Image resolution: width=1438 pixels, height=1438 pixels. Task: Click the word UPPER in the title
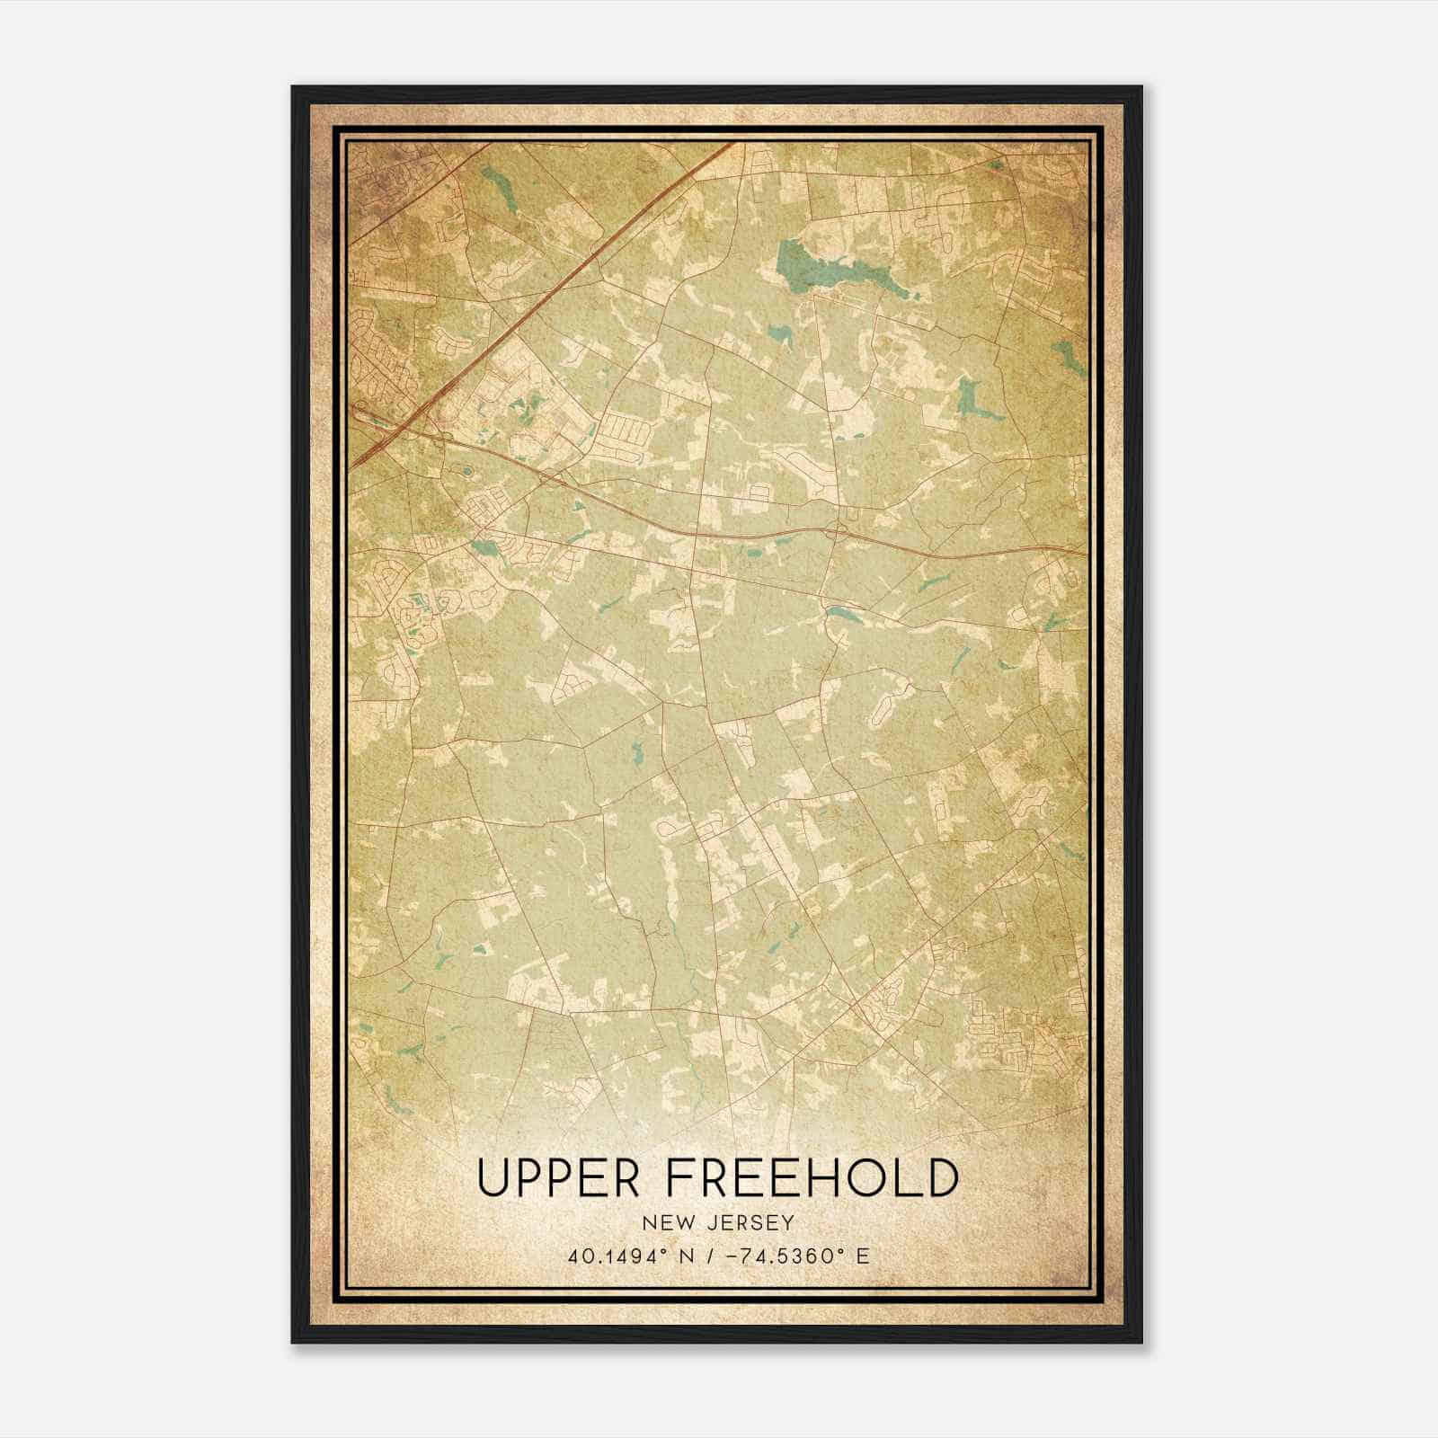click(559, 1177)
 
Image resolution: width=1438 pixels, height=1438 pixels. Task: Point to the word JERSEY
click(750, 1222)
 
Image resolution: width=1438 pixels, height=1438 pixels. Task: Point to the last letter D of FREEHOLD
click(940, 1177)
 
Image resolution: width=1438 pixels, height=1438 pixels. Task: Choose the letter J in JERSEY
click(712, 1222)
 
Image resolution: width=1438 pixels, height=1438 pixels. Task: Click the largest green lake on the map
click(800, 270)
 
